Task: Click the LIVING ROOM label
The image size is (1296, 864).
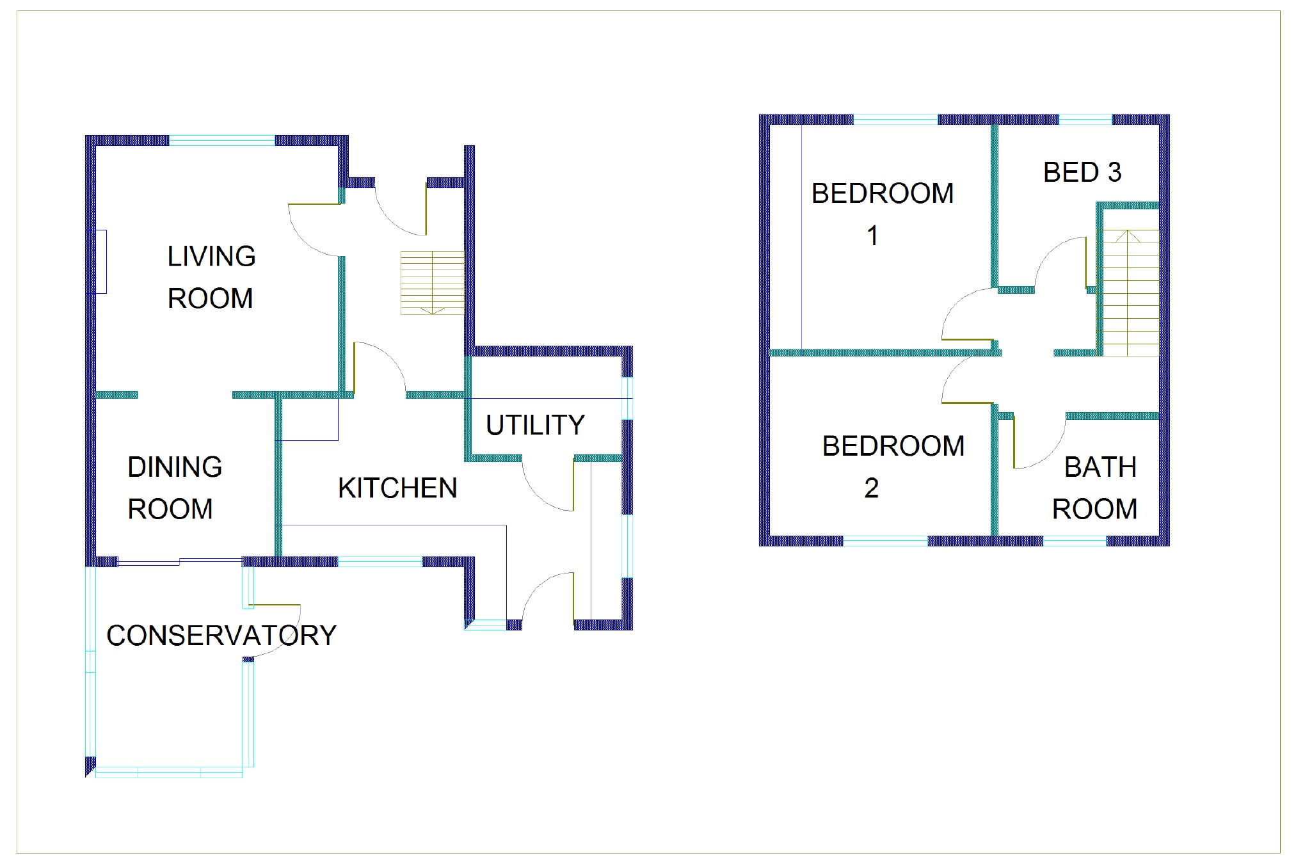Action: click(x=211, y=277)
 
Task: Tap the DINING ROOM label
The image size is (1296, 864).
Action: click(x=174, y=488)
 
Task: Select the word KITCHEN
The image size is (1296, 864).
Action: click(x=397, y=488)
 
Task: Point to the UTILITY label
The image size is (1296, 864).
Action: click(x=535, y=425)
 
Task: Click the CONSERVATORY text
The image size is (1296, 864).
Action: click(x=221, y=636)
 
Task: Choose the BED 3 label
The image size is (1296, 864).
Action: click(x=1082, y=172)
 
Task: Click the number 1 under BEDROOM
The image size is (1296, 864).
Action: click(x=872, y=236)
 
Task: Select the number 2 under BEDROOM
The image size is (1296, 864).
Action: click(x=871, y=488)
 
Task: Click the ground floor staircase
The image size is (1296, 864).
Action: click(x=433, y=282)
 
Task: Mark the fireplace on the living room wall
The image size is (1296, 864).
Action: click(x=101, y=261)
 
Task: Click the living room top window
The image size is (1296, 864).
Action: click(x=222, y=140)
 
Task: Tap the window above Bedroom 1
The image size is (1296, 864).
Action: click(x=895, y=119)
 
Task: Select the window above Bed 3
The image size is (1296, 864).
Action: click(x=1085, y=119)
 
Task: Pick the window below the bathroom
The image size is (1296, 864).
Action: click(x=1075, y=541)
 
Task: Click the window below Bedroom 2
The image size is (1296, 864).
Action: click(x=885, y=541)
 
